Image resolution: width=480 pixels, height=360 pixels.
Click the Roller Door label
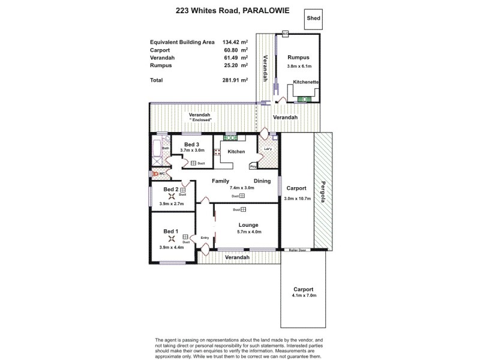pyautogui.click(x=298, y=250)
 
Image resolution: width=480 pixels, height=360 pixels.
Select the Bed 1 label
pyautogui.click(x=171, y=231)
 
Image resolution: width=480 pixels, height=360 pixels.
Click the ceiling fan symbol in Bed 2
pyautogui.click(x=171, y=196)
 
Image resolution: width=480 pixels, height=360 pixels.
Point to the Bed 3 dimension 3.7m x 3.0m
pyautogui.click(x=192, y=151)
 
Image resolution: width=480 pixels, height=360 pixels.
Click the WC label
pyautogui.click(x=162, y=173)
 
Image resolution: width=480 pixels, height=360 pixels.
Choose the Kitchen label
pyautogui.click(x=236, y=152)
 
